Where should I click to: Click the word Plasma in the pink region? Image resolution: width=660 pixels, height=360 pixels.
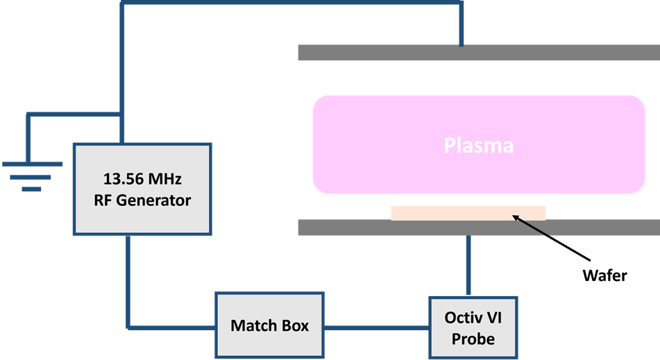(x=479, y=146)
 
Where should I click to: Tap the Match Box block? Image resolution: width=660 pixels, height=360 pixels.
(x=270, y=325)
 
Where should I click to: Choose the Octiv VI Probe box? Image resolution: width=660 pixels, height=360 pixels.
(x=473, y=328)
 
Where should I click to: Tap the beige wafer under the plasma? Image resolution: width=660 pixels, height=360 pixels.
(x=468, y=212)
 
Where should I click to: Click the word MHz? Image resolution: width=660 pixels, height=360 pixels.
(x=167, y=178)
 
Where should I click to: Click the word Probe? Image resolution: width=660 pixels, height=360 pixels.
(x=473, y=338)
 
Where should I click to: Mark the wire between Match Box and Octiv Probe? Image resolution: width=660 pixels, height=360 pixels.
(x=377, y=327)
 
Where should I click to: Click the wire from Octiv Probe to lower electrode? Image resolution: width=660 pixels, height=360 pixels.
(x=470, y=266)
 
